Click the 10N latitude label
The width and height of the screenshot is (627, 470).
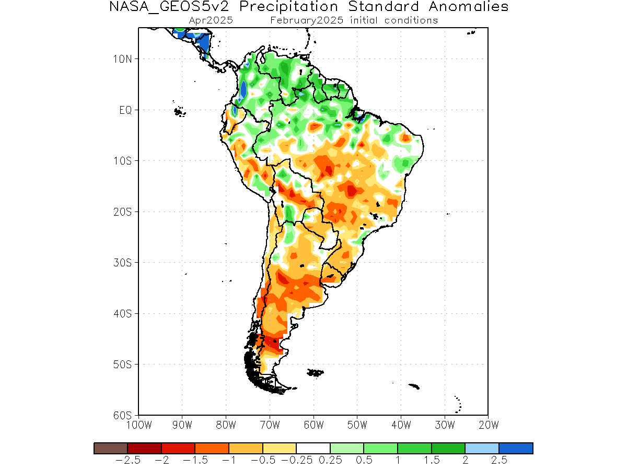coord(122,59)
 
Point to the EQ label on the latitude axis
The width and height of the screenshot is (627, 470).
coord(125,110)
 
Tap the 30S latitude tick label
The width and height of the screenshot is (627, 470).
coord(122,263)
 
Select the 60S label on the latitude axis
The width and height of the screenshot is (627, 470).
coord(122,415)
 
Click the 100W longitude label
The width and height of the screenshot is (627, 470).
coord(139,425)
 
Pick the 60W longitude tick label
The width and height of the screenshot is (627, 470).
coord(313,425)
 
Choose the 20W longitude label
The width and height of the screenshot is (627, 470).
coord(489,425)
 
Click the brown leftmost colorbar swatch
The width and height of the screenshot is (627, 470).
coord(111,448)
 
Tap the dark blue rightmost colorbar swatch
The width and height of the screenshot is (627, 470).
coord(516,448)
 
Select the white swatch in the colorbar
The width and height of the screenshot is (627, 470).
coord(313,448)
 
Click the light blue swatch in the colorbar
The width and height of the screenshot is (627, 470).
coord(482,448)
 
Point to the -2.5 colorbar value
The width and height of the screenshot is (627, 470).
coord(127,460)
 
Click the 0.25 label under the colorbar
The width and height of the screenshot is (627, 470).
coord(330,460)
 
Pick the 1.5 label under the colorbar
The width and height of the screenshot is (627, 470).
coord(432,460)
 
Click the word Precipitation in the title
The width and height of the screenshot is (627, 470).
coord(288,6)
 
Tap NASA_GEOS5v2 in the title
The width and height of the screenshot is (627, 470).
coord(169,6)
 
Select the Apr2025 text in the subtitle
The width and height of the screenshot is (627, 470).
coord(211,20)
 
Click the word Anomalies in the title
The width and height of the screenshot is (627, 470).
coord(469,6)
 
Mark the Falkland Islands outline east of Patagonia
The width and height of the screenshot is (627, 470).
coord(315,373)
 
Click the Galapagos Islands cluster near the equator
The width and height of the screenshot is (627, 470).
coord(179,111)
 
